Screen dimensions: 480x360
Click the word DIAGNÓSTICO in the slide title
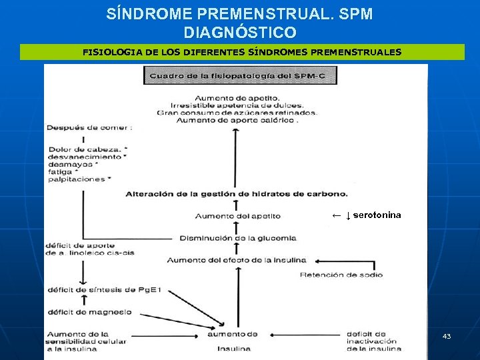tap(240, 32)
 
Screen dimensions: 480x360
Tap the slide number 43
tap(447, 336)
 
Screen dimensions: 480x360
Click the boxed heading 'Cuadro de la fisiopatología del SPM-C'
tap(240, 76)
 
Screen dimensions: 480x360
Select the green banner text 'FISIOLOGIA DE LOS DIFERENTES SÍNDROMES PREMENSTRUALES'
tap(242, 51)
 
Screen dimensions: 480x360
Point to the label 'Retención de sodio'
tap(341, 275)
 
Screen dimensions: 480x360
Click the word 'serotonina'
tap(377, 215)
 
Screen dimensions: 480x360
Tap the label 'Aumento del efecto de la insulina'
tap(237, 260)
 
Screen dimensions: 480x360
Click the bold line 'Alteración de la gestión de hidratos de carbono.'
tap(237, 194)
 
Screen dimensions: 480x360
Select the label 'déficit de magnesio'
tap(89, 311)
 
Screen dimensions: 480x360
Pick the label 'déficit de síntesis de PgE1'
tap(104, 290)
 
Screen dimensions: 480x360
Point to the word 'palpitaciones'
tap(76, 179)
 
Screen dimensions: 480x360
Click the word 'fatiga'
tap(59, 171)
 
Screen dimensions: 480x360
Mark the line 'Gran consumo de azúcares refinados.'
tap(237, 113)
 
